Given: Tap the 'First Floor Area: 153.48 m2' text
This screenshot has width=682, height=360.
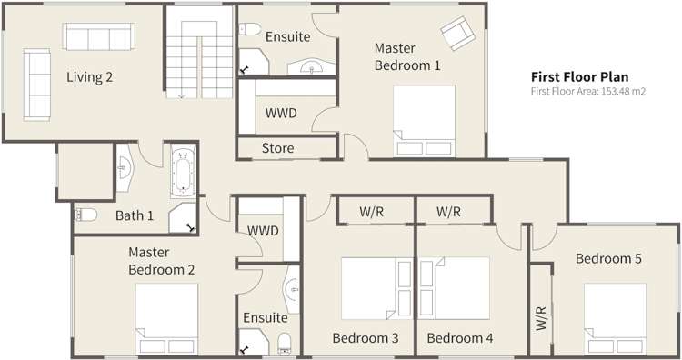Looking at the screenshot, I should [587, 91].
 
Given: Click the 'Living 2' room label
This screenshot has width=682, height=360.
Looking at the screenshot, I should [89, 76].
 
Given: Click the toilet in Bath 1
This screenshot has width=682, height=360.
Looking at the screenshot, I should [85, 215].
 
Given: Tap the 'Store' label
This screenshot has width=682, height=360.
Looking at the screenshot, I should [277, 148].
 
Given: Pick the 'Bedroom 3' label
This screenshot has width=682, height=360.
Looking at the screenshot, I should [365, 338].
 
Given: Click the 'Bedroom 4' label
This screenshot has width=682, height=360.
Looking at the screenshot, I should [459, 338].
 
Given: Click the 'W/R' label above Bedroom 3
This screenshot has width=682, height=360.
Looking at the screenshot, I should [372, 212].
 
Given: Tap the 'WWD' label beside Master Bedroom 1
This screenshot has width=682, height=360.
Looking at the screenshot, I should [280, 115].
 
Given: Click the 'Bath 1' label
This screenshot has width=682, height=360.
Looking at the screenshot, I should [135, 215].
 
